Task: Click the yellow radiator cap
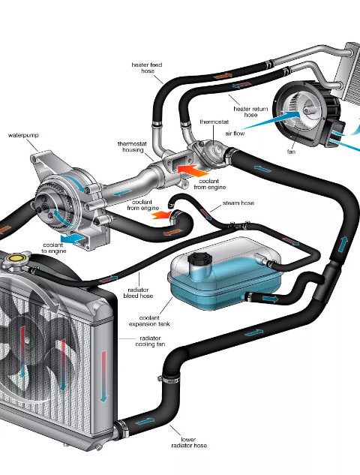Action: click(x=16, y=258)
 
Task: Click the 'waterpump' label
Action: click(x=23, y=135)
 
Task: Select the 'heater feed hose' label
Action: click(x=147, y=68)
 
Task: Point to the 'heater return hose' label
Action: click(x=250, y=112)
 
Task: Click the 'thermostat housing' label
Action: click(x=132, y=147)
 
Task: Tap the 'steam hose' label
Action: click(x=238, y=203)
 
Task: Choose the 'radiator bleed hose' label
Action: click(x=138, y=293)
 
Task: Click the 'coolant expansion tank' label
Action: click(x=149, y=321)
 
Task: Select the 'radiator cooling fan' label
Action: click(x=151, y=341)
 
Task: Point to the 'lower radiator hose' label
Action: click(x=189, y=442)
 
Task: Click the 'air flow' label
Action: click(x=235, y=134)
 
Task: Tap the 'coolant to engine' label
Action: click(x=53, y=248)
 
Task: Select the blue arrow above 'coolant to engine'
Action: click(x=73, y=239)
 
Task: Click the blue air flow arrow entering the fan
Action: click(x=272, y=120)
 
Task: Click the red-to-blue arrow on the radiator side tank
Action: click(x=103, y=376)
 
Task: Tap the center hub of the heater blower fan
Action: click(x=308, y=110)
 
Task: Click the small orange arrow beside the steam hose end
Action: click(x=161, y=215)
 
